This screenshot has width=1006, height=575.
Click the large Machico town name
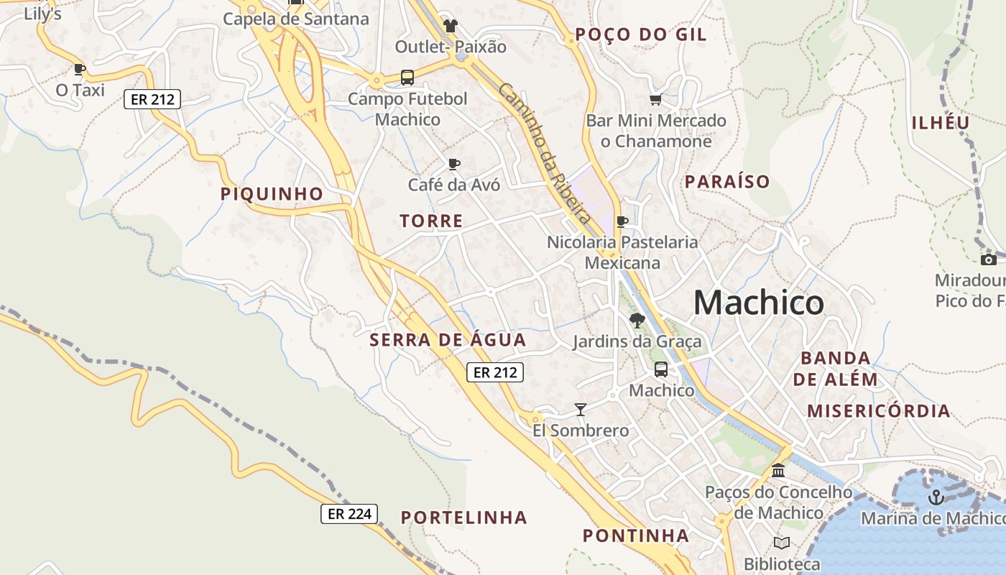point(758,303)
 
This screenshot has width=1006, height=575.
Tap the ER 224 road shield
point(349,513)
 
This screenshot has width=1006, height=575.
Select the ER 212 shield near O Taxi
point(152,99)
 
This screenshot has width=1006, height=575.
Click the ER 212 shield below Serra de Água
point(494,372)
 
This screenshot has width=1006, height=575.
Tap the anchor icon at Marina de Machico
point(936,497)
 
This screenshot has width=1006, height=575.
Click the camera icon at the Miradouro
point(989,259)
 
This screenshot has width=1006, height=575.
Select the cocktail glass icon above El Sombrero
point(581,410)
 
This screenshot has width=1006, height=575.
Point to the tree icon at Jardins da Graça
point(637,321)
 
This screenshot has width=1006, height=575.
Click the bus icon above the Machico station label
point(660,369)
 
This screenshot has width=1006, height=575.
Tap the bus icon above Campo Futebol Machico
point(407,78)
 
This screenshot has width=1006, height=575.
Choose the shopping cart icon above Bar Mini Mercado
point(655,100)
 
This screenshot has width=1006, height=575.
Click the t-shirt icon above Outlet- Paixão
point(451,26)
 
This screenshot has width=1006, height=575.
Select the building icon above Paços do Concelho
point(777,471)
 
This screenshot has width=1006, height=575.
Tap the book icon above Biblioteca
point(782,543)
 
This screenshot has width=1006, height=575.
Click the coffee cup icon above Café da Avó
point(453,164)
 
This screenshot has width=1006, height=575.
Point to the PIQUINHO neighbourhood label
point(272,194)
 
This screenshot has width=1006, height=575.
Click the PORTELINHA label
point(463,517)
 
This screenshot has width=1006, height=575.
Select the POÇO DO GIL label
point(641,34)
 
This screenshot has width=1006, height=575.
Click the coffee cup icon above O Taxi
point(80,69)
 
